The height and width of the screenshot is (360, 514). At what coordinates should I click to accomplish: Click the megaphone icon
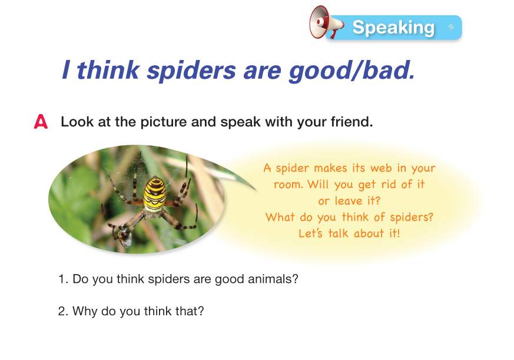327,22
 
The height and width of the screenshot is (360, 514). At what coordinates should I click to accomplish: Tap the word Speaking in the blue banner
393,28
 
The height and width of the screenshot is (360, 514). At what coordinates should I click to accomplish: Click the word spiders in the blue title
191,70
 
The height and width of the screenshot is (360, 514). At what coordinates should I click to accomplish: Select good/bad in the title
351,70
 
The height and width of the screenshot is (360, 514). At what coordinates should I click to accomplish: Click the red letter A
41,122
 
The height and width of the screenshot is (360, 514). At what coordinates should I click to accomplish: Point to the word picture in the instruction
164,122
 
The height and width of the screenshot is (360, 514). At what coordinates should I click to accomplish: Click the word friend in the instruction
351,122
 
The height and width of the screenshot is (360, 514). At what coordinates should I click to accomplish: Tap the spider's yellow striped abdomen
155,194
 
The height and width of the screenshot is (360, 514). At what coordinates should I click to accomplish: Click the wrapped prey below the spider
124,236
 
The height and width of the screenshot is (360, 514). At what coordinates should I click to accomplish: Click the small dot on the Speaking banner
452,27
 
